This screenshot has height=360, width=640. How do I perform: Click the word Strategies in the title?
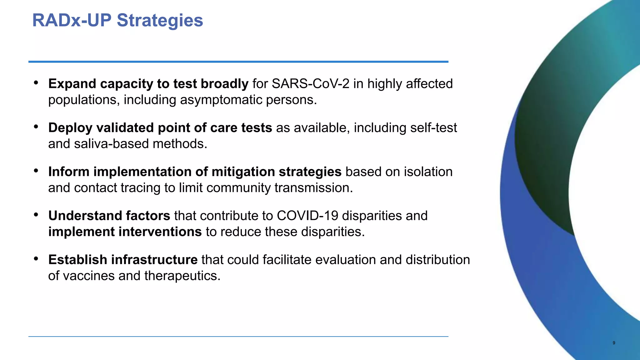pos(160,21)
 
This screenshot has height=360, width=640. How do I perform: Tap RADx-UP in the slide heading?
pos(72,21)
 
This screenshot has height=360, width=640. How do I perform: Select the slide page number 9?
pos(614,343)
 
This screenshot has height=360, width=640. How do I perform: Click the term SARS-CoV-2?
pos(310,84)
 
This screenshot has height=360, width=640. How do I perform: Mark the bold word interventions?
pos(160,232)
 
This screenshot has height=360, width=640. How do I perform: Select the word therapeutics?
pos(182,276)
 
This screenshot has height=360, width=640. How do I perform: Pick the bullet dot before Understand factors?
pos(36,215)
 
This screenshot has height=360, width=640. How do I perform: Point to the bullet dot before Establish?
pos(36,259)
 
